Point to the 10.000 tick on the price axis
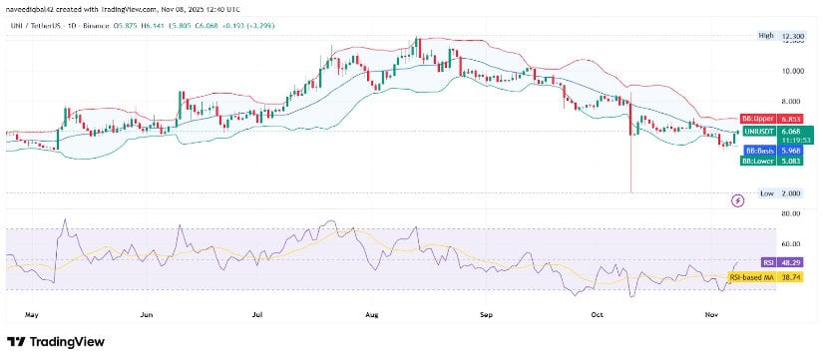(x=766, y=72)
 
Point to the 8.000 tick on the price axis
(x=766, y=102)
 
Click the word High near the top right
(x=766, y=35)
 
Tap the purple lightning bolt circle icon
(x=737, y=200)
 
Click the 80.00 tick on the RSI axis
(x=765, y=213)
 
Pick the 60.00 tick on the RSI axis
(x=765, y=243)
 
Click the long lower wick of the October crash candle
(x=631, y=165)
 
